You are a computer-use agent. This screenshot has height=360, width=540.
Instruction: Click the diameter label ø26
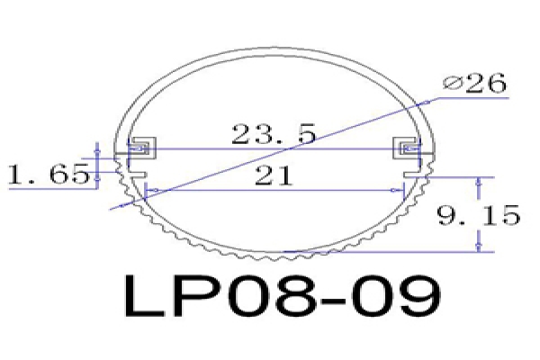click(474, 83)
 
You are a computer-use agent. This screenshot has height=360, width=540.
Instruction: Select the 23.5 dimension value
click(274, 134)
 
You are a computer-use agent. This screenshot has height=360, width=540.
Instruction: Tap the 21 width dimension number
click(274, 175)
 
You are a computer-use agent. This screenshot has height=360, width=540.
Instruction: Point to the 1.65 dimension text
click(49, 174)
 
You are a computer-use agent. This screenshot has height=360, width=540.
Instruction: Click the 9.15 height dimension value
click(479, 215)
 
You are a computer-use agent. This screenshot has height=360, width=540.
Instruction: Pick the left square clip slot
click(142, 148)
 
